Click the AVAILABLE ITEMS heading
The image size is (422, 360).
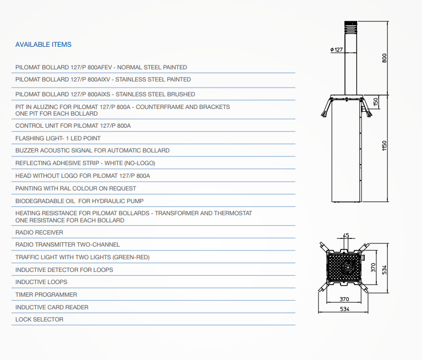[43, 45]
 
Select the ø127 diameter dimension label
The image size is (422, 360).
[336, 50]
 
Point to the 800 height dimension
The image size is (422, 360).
[385, 58]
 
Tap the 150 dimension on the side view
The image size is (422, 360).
[376, 102]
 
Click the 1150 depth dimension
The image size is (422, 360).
[385, 146]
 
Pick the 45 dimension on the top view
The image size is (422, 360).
[346, 236]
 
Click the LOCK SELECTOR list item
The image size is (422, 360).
[39, 319]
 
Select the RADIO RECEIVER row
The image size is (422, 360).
[39, 232]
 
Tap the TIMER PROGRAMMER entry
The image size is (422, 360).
[46, 294]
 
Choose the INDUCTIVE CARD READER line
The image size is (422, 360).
[52, 307]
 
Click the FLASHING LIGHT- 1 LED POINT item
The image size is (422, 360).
[58, 138]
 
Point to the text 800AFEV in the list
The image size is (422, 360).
[100, 67]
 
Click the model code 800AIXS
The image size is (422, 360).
[99, 94]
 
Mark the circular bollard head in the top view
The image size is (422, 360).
[347, 268]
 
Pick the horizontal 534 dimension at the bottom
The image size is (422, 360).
[344, 309]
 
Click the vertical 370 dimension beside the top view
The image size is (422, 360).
[373, 268]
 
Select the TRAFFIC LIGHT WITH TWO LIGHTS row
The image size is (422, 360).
[83, 257]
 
